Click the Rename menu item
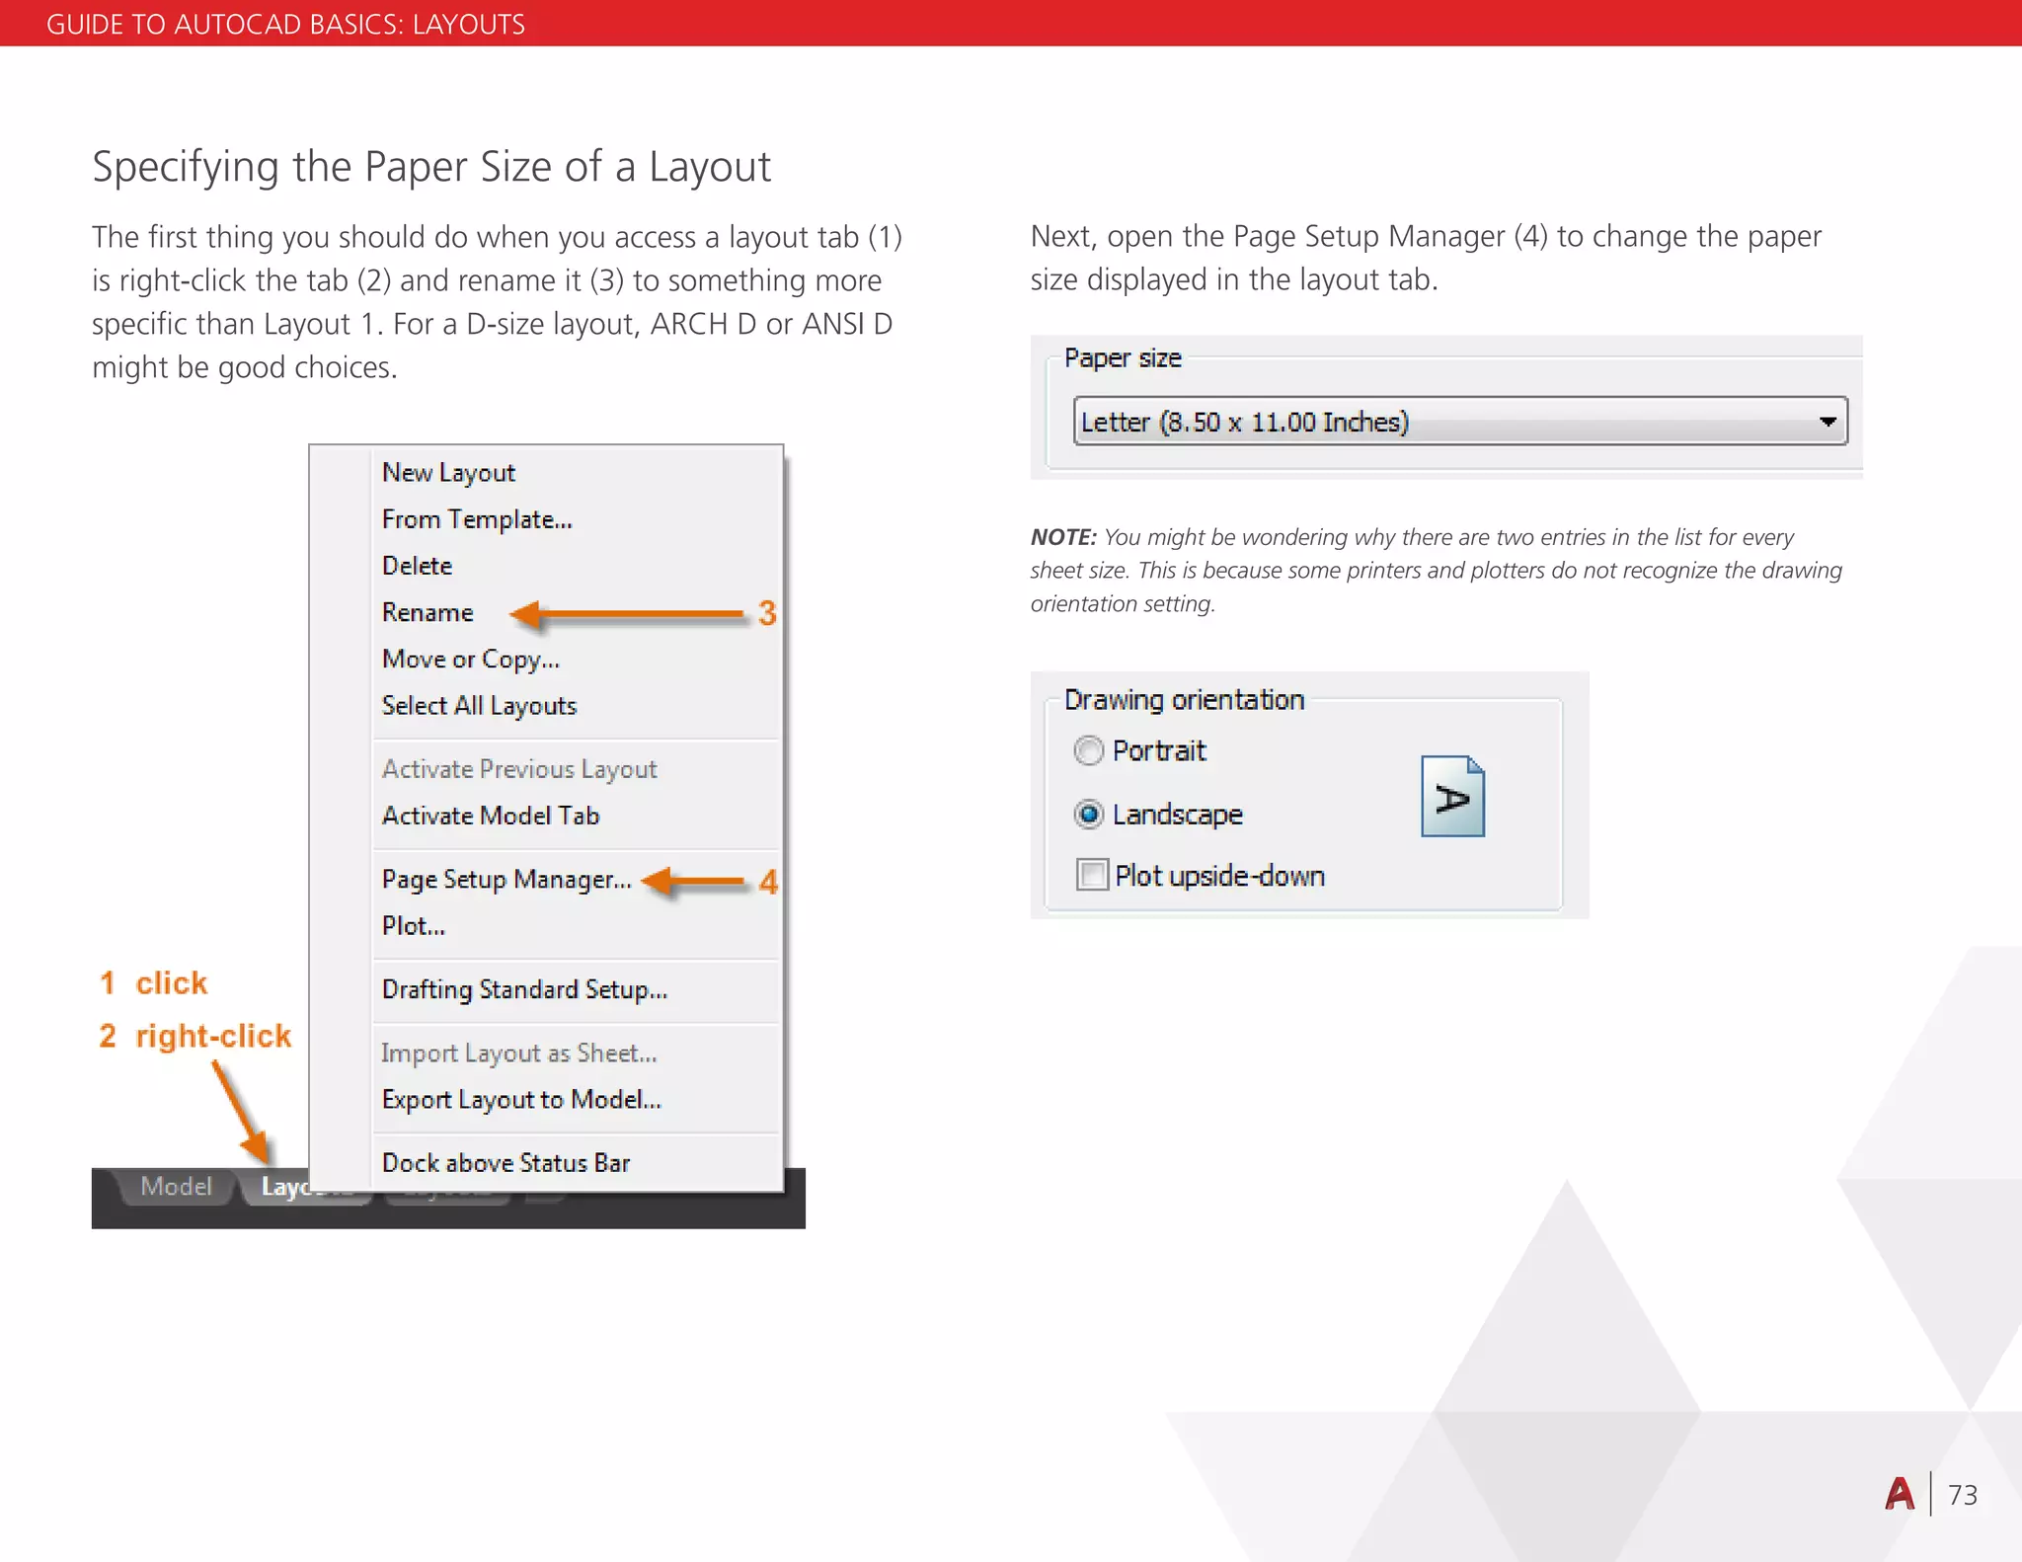tap(428, 613)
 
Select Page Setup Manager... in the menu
tap(505, 880)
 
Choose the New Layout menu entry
tap(448, 473)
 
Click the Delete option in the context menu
tap(417, 566)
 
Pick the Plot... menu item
tap(413, 926)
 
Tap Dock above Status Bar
tap(505, 1163)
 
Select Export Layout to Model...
tap(521, 1100)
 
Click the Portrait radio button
tap(1088, 751)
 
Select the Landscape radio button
tap(1088, 815)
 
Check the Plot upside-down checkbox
tap(1092, 876)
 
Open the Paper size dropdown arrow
tap(1828, 423)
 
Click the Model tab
tap(176, 1186)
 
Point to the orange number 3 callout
tap(767, 613)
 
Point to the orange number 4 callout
tap(768, 882)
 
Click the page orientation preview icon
tap(1452, 797)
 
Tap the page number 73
tap(1963, 1495)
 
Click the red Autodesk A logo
tap(1899, 1494)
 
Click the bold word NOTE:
tap(1063, 537)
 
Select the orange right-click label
tap(213, 1036)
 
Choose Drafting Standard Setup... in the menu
tap(524, 990)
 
